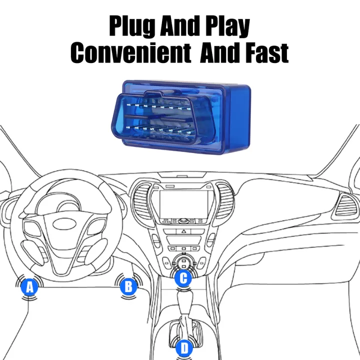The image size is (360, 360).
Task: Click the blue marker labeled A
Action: tap(29, 287)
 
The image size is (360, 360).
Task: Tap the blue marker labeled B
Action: tap(128, 286)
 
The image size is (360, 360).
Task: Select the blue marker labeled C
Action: tap(183, 278)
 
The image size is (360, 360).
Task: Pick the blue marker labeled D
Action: tap(183, 347)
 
